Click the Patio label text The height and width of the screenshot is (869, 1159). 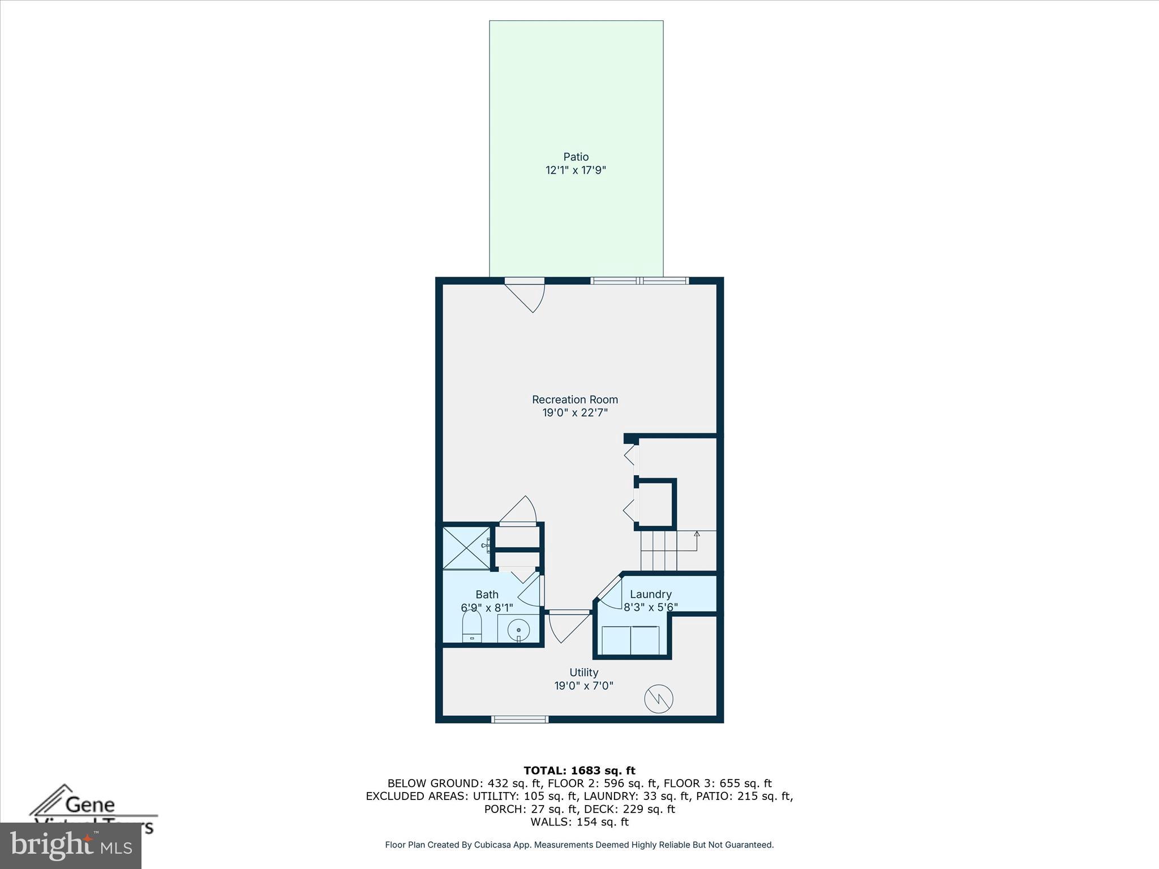click(576, 157)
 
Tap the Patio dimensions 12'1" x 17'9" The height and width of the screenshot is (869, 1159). click(576, 170)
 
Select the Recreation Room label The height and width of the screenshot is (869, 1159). click(574, 399)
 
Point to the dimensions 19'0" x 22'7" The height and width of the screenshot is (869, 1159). click(574, 413)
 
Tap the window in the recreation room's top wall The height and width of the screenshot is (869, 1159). click(639, 281)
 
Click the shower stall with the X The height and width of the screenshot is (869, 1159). click(466, 547)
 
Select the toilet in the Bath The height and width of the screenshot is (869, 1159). click(471, 627)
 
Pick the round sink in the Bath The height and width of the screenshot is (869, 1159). click(518, 629)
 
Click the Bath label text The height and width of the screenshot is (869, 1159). click(487, 595)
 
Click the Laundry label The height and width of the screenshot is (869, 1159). click(650, 595)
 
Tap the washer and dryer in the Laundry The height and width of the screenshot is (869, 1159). click(630, 640)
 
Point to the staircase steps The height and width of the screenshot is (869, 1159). click(659, 550)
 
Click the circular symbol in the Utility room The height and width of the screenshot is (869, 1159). click(659, 699)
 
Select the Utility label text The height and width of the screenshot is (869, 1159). click(583, 673)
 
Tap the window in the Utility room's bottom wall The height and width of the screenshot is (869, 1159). click(520, 719)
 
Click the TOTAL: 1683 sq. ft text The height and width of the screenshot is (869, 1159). click(579, 771)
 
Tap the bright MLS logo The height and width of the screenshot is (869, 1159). click(71, 845)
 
